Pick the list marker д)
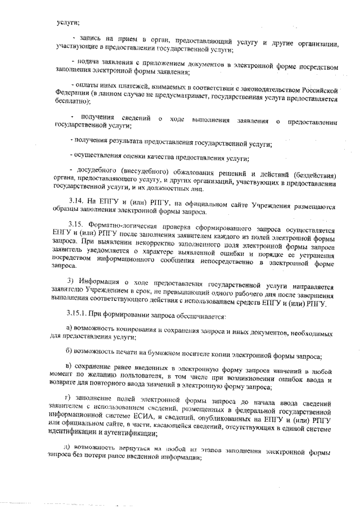66,448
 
